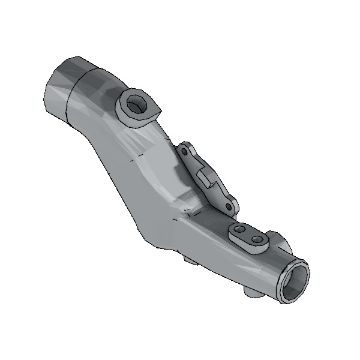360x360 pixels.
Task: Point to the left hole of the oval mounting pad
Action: (241, 234)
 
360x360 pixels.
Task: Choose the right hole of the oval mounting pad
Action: (262, 243)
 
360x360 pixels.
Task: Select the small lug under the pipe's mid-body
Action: (190, 262)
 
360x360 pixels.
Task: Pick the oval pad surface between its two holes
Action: (251, 238)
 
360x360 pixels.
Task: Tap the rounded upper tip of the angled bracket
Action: (186, 147)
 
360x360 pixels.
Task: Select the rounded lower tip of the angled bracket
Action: (234, 211)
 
